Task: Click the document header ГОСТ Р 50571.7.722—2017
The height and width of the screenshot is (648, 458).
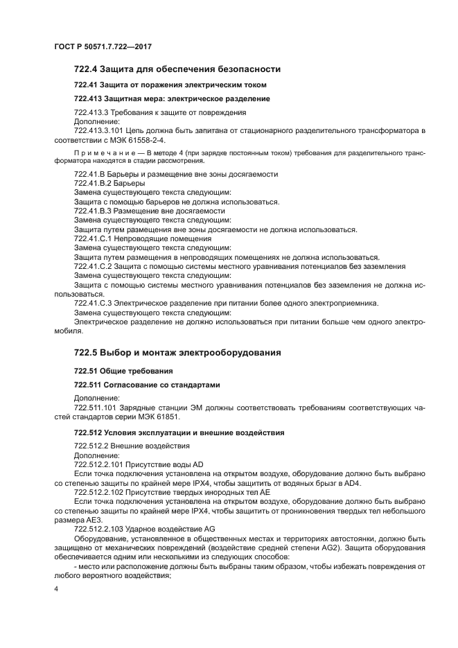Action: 102,46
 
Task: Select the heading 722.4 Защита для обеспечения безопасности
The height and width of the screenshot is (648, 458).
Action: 177,69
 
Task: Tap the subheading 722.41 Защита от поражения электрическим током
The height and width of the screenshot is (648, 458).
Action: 170,85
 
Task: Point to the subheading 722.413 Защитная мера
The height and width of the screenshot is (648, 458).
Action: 162,98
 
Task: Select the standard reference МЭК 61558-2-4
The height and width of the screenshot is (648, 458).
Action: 140,139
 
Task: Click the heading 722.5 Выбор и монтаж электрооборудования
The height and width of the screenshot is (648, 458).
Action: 177,353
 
